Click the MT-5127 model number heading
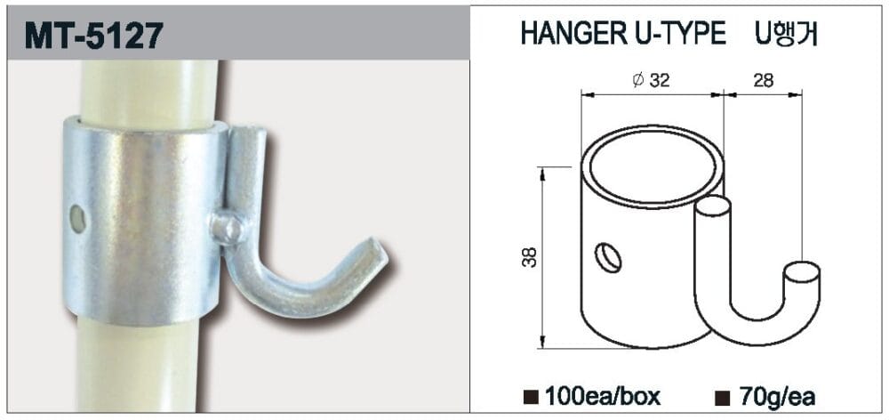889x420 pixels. (94, 35)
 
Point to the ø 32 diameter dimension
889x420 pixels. (651, 81)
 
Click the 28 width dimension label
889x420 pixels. (762, 81)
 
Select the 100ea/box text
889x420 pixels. (605, 394)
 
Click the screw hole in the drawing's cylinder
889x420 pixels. (607, 258)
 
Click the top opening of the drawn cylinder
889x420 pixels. (653, 166)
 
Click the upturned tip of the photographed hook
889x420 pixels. (377, 253)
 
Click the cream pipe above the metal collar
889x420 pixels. (147, 89)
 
